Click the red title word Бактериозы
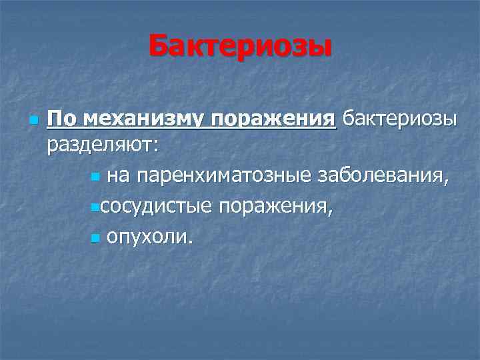tap(239, 47)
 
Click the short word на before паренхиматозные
tap(119, 176)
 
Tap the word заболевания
tap(382, 176)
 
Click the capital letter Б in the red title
tap(159, 47)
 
